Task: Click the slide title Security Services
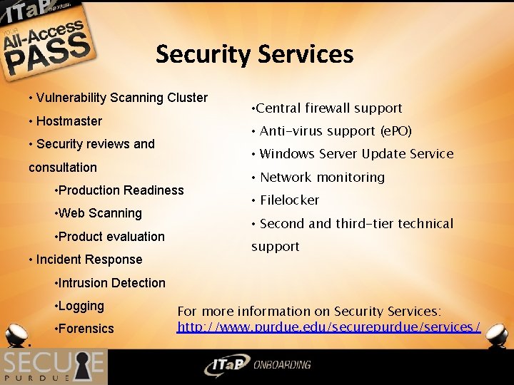click(x=254, y=54)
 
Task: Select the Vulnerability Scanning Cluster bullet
click(x=121, y=98)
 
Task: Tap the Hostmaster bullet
click(x=69, y=121)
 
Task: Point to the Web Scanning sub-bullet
click(x=101, y=213)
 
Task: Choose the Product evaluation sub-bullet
click(x=111, y=237)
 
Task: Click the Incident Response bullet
click(x=89, y=260)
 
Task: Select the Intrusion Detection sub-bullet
click(x=111, y=283)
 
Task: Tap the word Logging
click(x=81, y=306)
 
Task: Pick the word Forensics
click(x=86, y=329)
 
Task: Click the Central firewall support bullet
click(x=328, y=108)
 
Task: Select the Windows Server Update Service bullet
click(x=356, y=154)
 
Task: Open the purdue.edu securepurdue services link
click(x=328, y=327)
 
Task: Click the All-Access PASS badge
click(x=46, y=43)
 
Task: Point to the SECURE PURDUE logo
click(x=53, y=366)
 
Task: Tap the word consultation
click(x=63, y=168)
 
